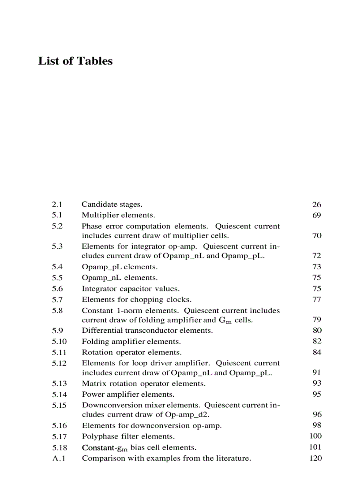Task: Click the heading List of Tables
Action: click(75, 61)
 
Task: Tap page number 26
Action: click(316, 205)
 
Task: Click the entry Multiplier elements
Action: click(118, 215)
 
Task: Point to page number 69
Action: click(316, 215)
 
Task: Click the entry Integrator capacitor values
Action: click(131, 289)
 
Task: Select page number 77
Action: click(316, 300)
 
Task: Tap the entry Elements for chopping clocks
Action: click(136, 300)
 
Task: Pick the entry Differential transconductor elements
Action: click(147, 330)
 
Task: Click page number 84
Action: click(316, 352)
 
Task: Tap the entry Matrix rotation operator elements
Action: click(143, 383)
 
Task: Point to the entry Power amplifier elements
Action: click(128, 394)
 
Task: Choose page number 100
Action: click(315, 436)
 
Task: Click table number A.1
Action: click(58, 458)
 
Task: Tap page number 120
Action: click(315, 458)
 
